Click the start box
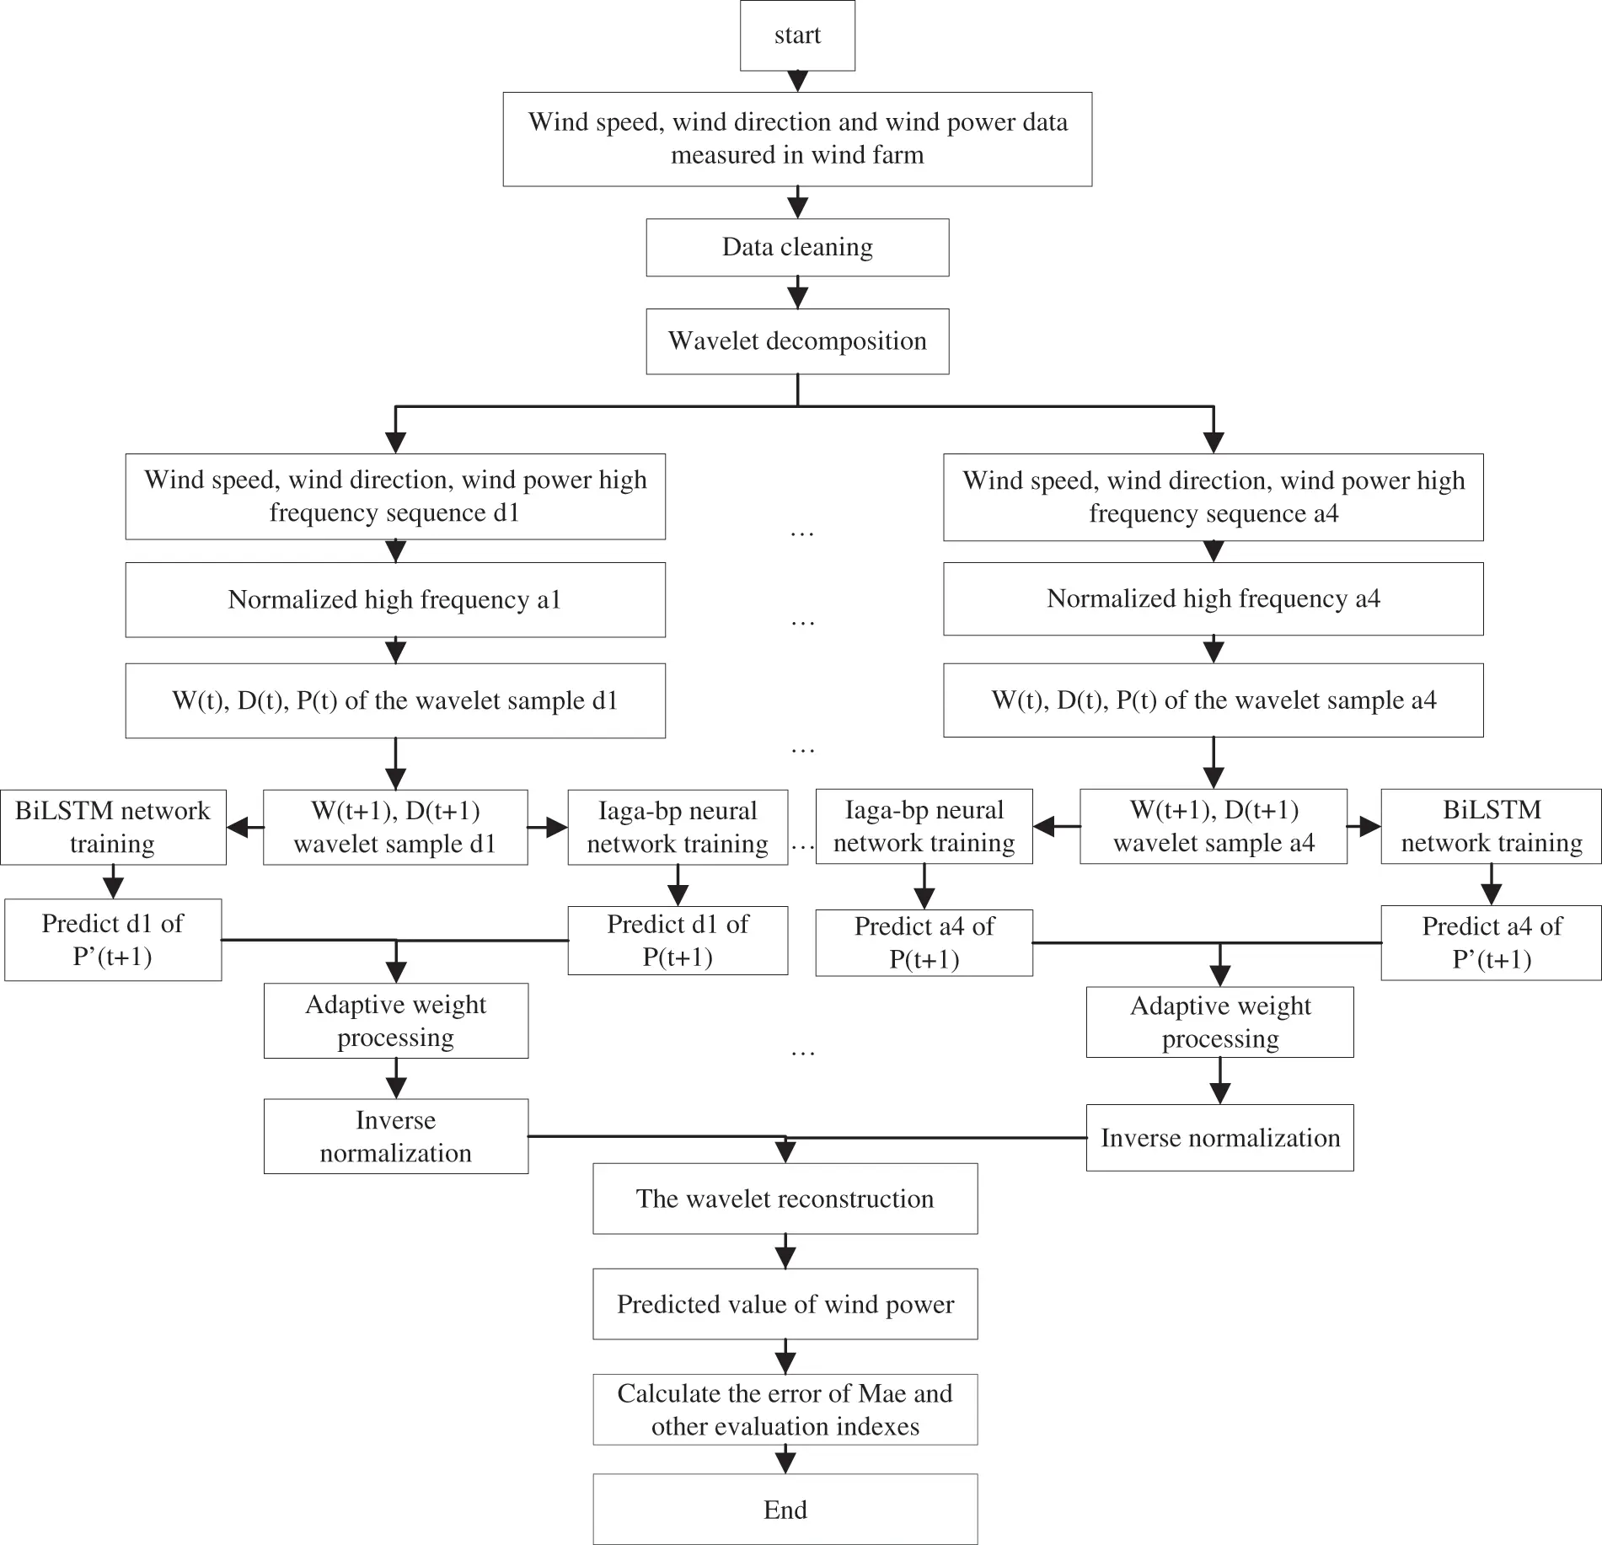pyautogui.click(x=797, y=35)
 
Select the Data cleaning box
pyautogui.click(x=797, y=247)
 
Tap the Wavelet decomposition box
pyautogui.click(x=797, y=341)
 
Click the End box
pyautogui.click(x=785, y=1509)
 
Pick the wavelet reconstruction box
pyautogui.click(x=785, y=1199)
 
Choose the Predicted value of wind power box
pyautogui.click(x=785, y=1304)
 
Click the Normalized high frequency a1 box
pyautogui.click(x=394, y=599)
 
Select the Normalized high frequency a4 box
pyautogui.click(x=1213, y=598)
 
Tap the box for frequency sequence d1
pyautogui.click(x=394, y=496)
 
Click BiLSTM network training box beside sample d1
pyautogui.click(x=113, y=827)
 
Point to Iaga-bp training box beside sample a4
pyautogui.click(x=924, y=826)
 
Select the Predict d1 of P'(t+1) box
pyautogui.click(x=113, y=940)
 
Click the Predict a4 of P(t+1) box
pyautogui.click(x=924, y=942)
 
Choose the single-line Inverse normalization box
pyautogui.click(x=1219, y=1138)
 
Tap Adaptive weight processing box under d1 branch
pyautogui.click(x=395, y=1021)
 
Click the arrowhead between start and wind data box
pyautogui.click(x=797, y=82)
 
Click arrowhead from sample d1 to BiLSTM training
pyautogui.click(x=241, y=828)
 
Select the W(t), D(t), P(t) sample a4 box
pyautogui.click(x=1213, y=700)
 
